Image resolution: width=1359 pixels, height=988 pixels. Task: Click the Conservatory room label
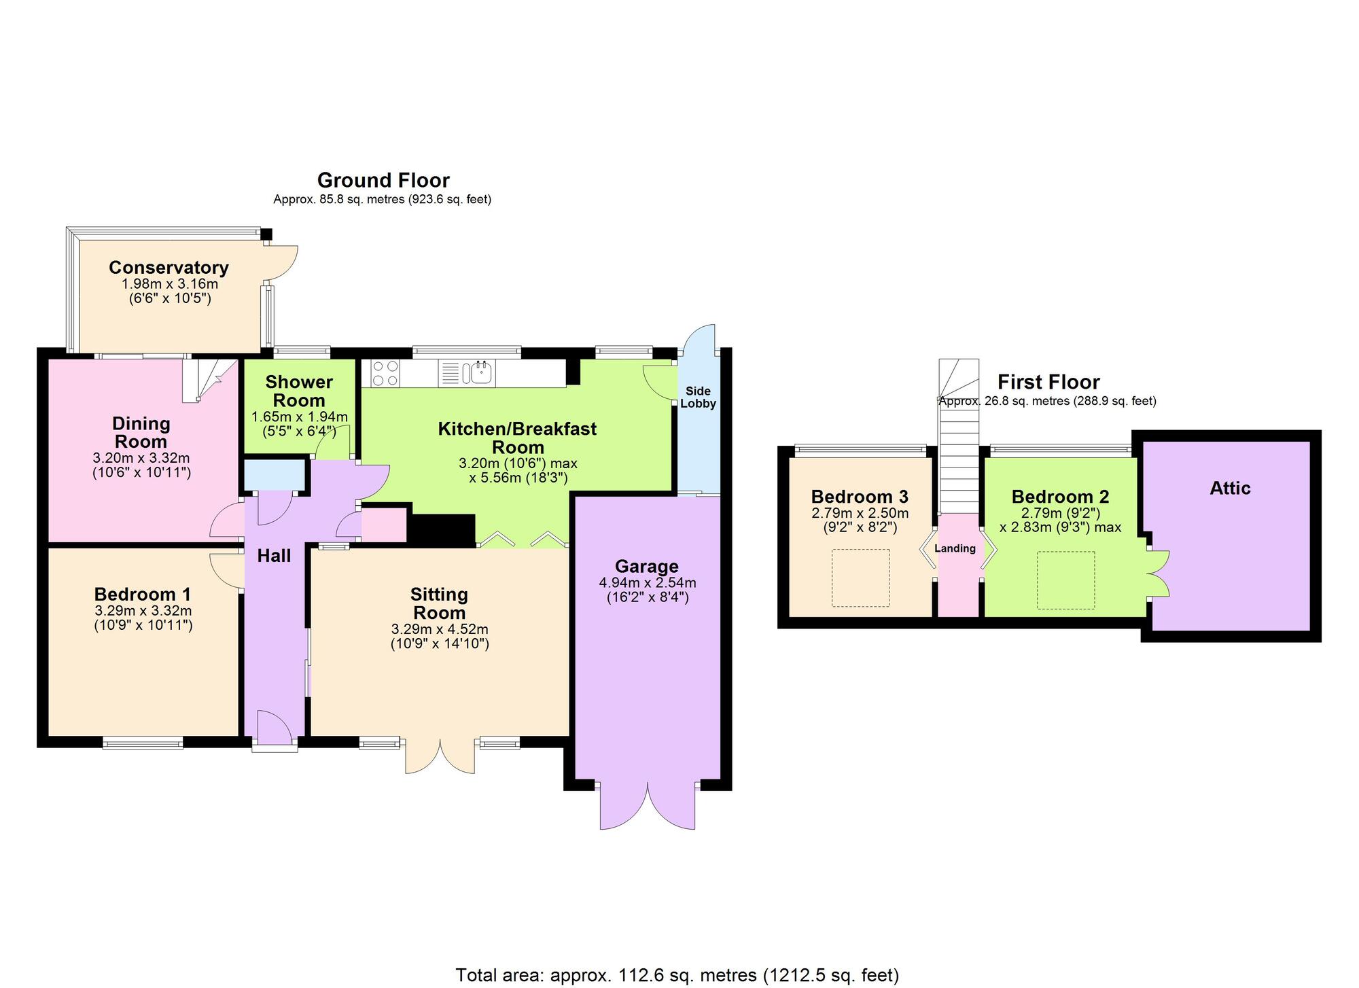coord(169,267)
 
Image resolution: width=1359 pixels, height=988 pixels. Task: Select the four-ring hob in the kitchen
coord(385,373)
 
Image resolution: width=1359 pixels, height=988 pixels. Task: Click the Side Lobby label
coord(698,398)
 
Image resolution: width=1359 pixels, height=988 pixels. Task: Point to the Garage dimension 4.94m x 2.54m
coord(647,582)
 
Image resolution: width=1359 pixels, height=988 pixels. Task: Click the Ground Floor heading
coord(383,180)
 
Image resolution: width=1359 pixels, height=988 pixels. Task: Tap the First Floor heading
coord(1048,381)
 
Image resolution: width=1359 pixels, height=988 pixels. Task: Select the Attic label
coord(1230,488)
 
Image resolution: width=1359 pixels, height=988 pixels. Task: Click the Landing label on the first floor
coord(955,548)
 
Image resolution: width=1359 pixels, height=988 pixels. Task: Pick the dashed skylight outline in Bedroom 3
coord(860,578)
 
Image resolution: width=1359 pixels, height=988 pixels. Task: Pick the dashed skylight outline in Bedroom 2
coord(1065,580)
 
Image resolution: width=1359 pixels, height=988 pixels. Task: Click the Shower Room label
coord(299,391)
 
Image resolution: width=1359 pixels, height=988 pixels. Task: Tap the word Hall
coord(274,556)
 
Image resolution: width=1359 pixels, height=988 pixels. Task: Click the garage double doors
coord(648,807)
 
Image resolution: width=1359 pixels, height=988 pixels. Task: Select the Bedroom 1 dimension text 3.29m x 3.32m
coord(143,610)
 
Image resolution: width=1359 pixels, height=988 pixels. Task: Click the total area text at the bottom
coord(677,975)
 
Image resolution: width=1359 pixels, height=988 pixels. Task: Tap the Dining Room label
coord(141,432)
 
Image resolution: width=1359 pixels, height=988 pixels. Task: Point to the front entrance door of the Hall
coord(275,728)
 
